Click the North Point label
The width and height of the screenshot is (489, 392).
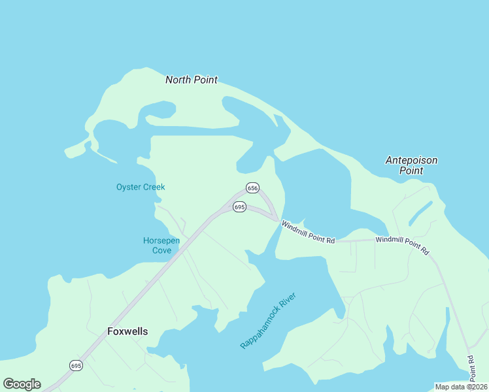click(x=191, y=80)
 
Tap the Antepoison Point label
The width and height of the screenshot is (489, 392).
click(x=411, y=165)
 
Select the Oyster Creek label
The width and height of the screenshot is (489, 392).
click(x=141, y=187)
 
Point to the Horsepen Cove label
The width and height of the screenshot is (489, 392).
click(x=161, y=245)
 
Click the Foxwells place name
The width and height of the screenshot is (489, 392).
click(x=127, y=331)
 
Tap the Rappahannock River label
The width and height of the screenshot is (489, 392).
click(x=268, y=321)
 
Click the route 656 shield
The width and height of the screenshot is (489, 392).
click(x=252, y=188)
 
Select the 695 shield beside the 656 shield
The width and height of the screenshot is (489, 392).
click(x=239, y=206)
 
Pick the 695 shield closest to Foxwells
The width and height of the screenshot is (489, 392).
click(x=76, y=365)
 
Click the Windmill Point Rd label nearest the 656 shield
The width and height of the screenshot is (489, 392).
click(x=308, y=232)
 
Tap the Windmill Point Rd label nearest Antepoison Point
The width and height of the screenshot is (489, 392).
click(x=402, y=245)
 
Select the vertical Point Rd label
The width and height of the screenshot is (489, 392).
click(x=471, y=368)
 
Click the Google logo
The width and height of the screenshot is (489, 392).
click(x=22, y=384)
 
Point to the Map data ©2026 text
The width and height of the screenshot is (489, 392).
click(x=461, y=387)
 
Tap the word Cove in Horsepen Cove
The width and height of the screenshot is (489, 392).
click(x=161, y=250)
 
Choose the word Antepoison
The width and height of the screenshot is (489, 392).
click(x=411, y=160)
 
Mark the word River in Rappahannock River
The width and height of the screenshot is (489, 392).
click(x=286, y=303)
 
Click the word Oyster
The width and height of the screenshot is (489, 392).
click(x=129, y=187)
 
